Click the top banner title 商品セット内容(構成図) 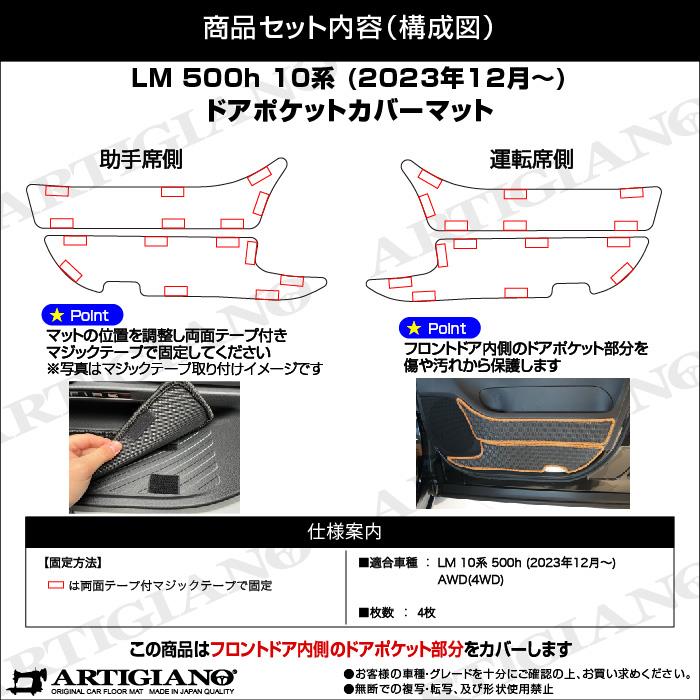tap(349, 28)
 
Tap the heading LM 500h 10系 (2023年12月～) tap(349, 79)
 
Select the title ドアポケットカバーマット tap(349, 109)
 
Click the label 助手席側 tap(141, 159)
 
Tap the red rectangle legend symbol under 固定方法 tap(56, 585)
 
